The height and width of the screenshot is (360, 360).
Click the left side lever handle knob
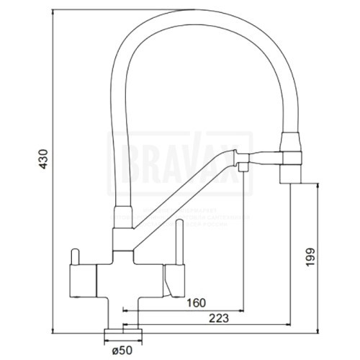click(73, 256)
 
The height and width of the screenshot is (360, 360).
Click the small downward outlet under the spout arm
click(244, 168)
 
